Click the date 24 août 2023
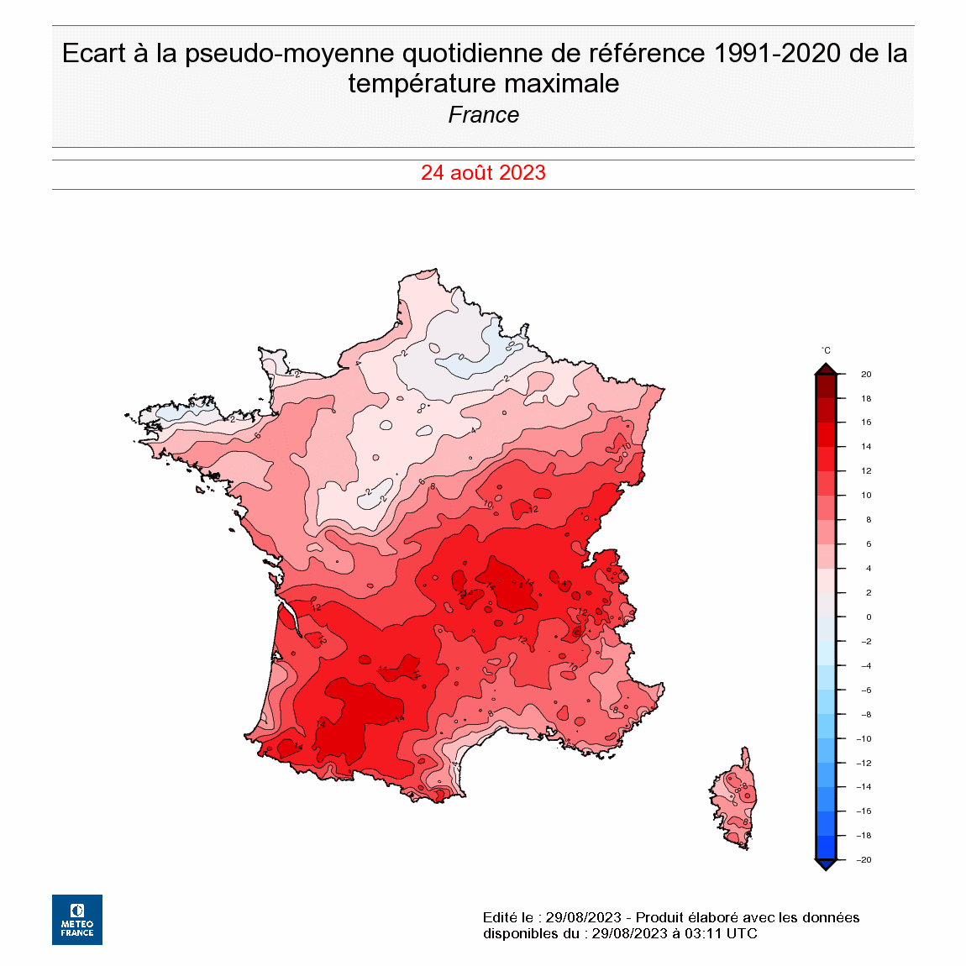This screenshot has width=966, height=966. pyautogui.click(x=483, y=173)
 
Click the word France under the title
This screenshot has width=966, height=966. pyautogui.click(x=483, y=115)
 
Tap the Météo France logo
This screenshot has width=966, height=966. pyautogui.click(x=77, y=920)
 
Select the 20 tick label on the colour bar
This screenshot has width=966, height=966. pyautogui.click(x=866, y=375)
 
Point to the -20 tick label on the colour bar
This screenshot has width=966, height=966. pyautogui.click(x=864, y=860)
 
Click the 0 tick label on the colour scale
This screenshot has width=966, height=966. pyautogui.click(x=869, y=617)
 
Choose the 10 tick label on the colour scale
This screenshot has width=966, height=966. pyautogui.click(x=866, y=496)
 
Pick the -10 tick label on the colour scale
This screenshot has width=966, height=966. pyautogui.click(x=864, y=739)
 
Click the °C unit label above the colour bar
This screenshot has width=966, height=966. pyautogui.click(x=826, y=350)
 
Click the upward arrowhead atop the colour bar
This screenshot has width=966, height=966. pyautogui.click(x=826, y=368)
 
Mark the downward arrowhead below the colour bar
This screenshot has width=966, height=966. pyautogui.click(x=826, y=865)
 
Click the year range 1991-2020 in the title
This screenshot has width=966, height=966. pyautogui.click(x=777, y=53)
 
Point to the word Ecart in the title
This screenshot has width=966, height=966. pyautogui.click(x=94, y=53)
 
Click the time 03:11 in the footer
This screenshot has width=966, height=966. pyautogui.click(x=701, y=933)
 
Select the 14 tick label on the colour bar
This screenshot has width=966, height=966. pyautogui.click(x=866, y=447)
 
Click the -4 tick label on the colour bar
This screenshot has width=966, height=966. pyautogui.click(x=865, y=666)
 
